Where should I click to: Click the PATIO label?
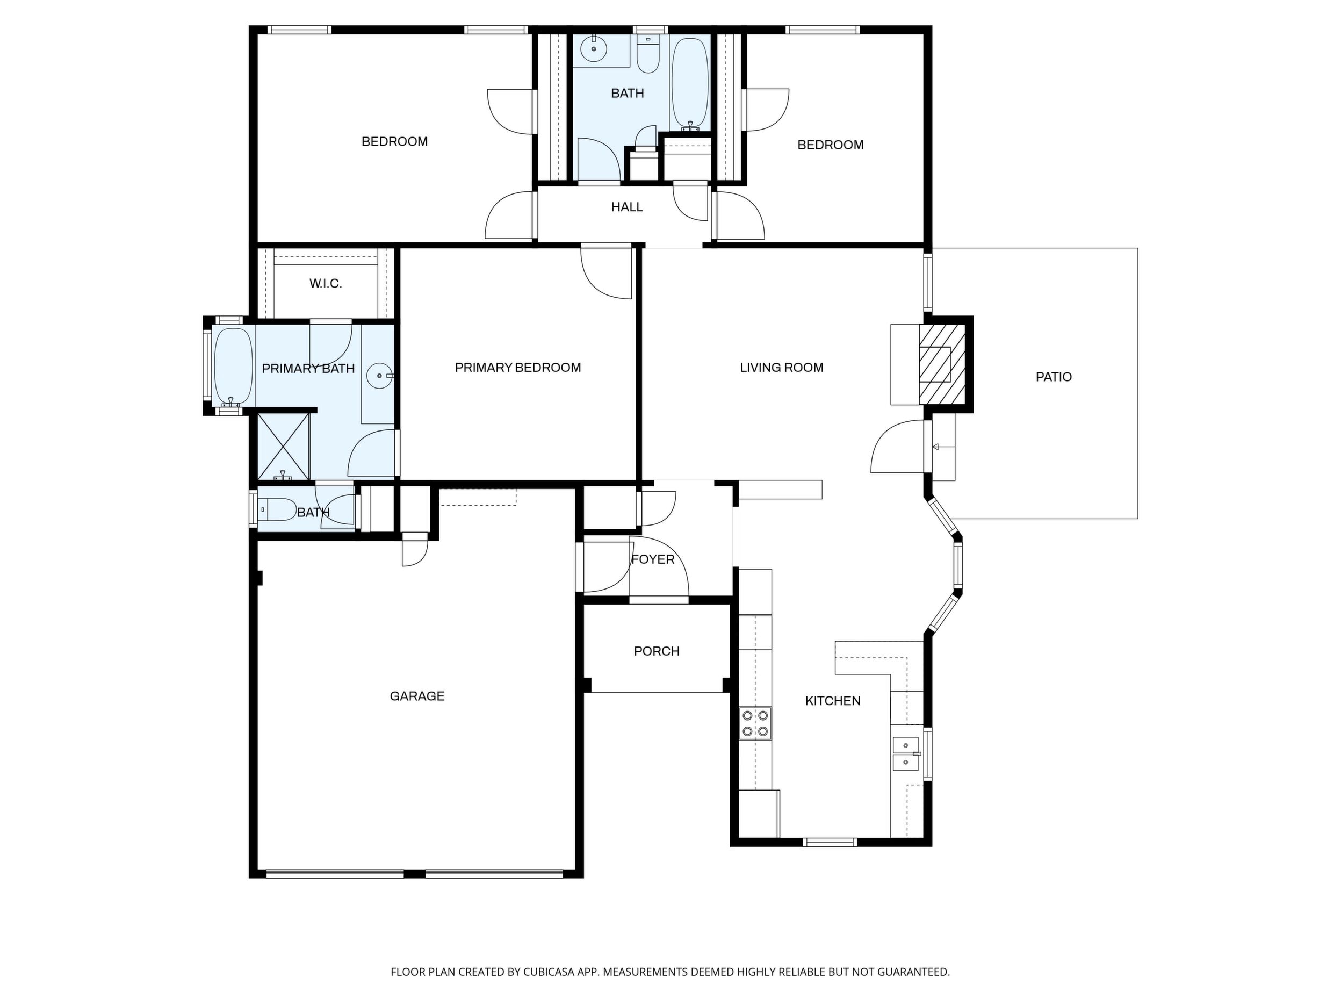[x=1054, y=377]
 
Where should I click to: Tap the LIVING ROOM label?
[x=781, y=368]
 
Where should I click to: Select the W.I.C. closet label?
[x=326, y=284]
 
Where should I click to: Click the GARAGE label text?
[x=417, y=696]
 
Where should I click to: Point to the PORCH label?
[x=657, y=651]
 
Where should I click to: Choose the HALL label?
[x=627, y=207]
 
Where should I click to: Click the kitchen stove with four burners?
[x=755, y=723]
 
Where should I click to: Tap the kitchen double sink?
[x=906, y=753]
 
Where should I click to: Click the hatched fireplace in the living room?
[x=941, y=364]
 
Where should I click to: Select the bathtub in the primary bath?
[x=233, y=367]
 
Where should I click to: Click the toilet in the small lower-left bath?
[x=277, y=510]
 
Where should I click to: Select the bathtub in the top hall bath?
[x=690, y=84]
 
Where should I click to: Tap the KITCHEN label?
[x=832, y=701]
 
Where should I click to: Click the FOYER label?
[x=653, y=559]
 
